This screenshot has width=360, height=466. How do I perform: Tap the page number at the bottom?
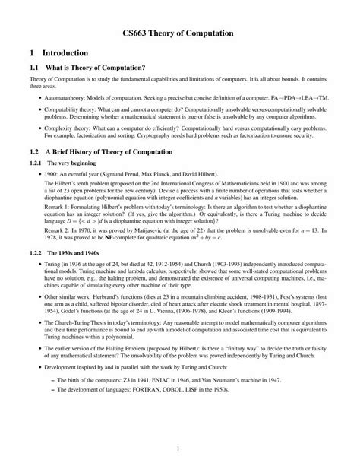coord(180,449)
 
